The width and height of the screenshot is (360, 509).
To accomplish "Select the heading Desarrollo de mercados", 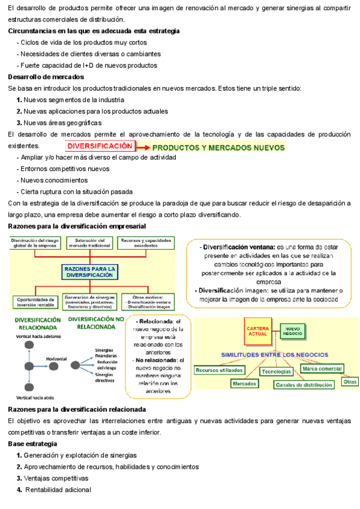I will point(46,77).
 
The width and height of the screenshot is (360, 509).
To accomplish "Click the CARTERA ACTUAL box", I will point(259,331).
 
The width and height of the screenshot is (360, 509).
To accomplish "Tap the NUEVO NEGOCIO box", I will point(293,331).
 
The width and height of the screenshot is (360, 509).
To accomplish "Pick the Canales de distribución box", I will point(304,385).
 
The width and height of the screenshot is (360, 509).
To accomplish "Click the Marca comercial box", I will point(322,369).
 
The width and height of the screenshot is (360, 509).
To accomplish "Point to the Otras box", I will point(350,381).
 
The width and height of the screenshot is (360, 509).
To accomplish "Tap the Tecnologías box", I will point(276,372).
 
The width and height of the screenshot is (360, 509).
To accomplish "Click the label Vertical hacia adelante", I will point(39,337).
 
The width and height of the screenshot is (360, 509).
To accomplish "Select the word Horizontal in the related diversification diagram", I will point(56,358).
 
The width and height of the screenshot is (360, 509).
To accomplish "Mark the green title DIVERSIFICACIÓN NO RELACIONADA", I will point(96,323).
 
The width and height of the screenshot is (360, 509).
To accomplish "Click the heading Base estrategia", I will point(33,444).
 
